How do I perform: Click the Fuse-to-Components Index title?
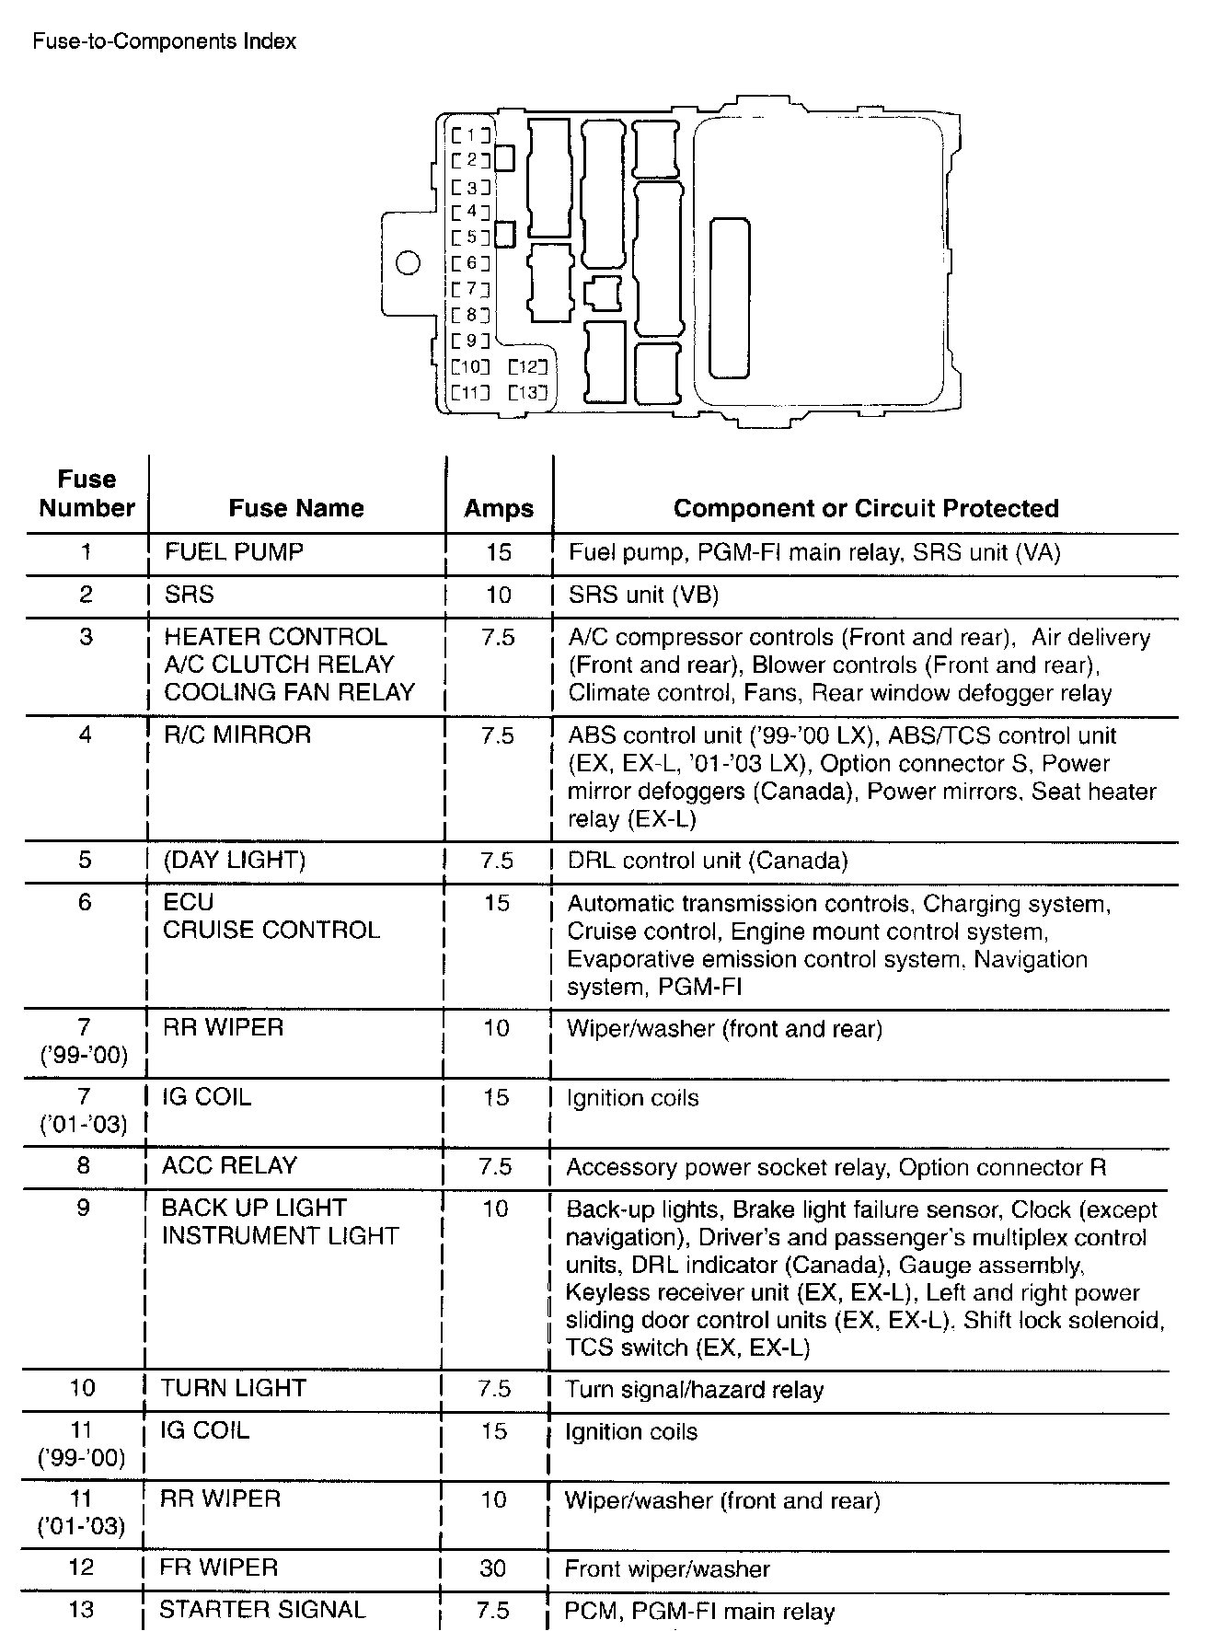[165, 41]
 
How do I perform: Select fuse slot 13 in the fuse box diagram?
[528, 393]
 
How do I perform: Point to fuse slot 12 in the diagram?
[528, 367]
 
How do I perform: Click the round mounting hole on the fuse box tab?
[408, 263]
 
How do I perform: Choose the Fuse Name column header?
[296, 508]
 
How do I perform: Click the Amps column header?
[499, 508]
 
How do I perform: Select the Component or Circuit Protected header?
[866, 508]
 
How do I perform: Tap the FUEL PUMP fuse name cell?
[234, 552]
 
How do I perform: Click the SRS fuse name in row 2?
[189, 595]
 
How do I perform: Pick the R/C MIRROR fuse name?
[237, 735]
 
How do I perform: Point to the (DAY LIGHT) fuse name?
[235, 860]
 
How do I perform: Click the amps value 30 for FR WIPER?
[493, 1567]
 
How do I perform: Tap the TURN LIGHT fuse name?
[233, 1388]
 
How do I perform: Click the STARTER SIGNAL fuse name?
[262, 1609]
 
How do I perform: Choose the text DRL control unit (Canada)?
[708, 861]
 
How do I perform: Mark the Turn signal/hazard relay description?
[695, 1390]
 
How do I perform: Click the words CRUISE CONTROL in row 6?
[271, 930]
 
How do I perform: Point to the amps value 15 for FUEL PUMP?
[498, 552]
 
